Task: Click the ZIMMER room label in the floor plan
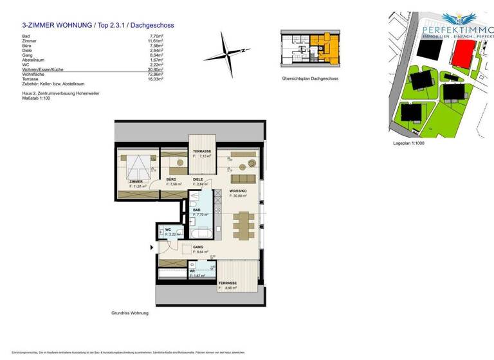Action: point(135,182)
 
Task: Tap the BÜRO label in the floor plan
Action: point(171,179)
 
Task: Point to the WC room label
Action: point(168,230)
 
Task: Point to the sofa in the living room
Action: point(243,178)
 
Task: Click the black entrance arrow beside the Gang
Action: point(152,247)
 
